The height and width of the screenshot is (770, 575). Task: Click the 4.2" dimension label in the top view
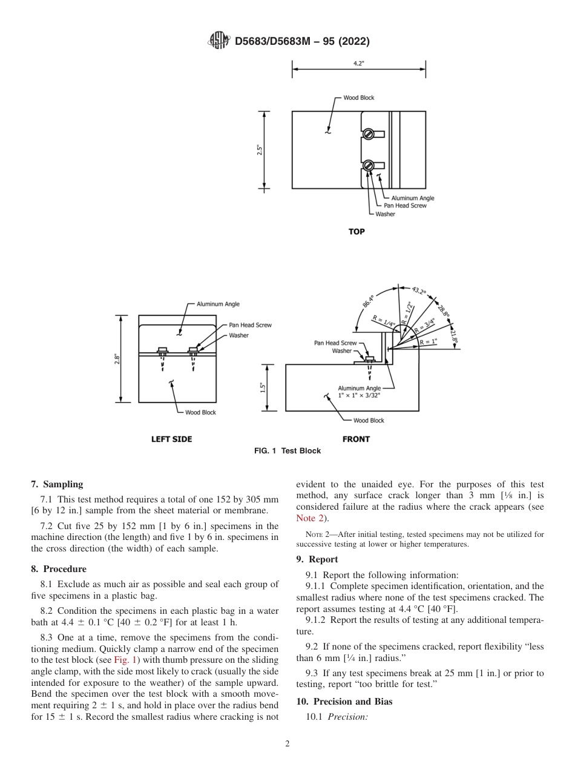[x=358, y=64]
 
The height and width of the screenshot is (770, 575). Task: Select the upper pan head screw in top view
[x=367, y=134]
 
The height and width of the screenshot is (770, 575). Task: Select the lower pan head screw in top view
[x=367, y=165]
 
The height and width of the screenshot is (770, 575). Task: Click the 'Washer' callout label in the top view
[x=385, y=214]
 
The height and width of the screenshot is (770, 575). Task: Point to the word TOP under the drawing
[x=356, y=231]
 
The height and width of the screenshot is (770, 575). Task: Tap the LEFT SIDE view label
[x=171, y=439]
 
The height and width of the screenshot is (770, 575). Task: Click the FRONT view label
[x=356, y=439]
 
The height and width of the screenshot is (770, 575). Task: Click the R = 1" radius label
[x=429, y=342]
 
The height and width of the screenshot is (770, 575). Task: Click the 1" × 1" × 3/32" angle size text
[x=360, y=395]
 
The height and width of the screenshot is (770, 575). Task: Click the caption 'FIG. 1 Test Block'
[x=287, y=451]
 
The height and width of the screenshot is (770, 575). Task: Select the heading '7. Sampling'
[x=57, y=484]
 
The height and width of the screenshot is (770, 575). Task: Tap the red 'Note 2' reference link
[x=310, y=518]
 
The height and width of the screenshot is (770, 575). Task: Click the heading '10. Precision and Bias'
[x=344, y=702]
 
